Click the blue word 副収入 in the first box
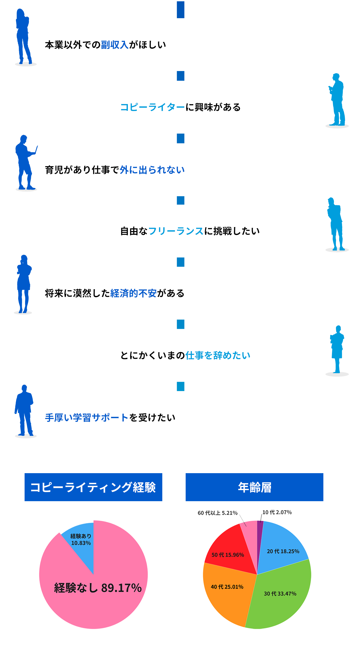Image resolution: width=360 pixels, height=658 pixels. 114,45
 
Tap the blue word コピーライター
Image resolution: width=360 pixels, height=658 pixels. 152,107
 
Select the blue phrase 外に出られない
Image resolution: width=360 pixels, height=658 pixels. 152,170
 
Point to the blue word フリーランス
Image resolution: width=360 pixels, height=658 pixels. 176,231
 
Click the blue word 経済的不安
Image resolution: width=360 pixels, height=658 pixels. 133,293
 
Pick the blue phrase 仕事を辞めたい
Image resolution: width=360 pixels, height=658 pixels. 218,355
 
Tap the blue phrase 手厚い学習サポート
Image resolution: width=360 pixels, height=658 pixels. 87,418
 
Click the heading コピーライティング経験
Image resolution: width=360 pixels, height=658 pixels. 93,487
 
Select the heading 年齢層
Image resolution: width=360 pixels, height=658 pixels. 254,487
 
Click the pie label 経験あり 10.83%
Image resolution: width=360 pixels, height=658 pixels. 81,539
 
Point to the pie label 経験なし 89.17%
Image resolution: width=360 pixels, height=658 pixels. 98,588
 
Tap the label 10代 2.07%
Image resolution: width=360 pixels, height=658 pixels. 277,512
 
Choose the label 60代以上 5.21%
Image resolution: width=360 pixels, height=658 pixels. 217,513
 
